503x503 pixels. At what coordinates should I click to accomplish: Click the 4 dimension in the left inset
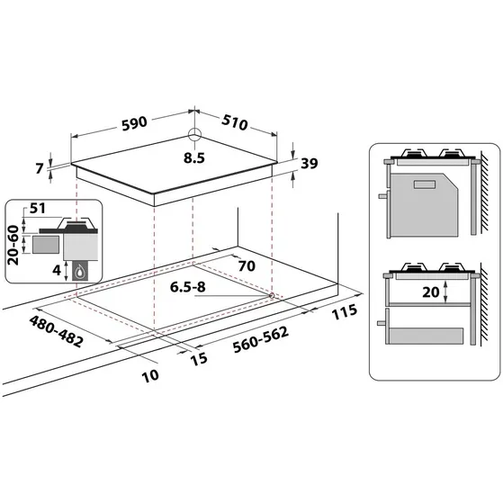coord(56,268)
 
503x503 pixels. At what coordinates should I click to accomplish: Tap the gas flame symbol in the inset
coord(81,272)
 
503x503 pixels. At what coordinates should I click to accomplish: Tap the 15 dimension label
coord(199,357)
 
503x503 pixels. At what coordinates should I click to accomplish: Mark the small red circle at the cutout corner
coord(272,295)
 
